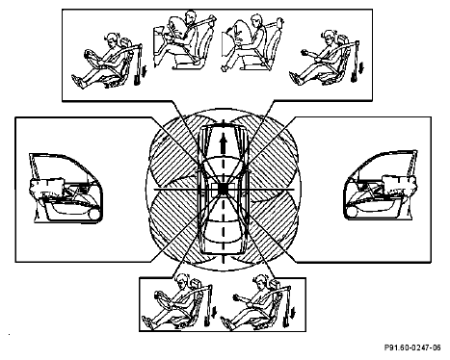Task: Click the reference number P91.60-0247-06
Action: pyautogui.click(x=412, y=347)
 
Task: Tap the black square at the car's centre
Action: pyautogui.click(x=223, y=190)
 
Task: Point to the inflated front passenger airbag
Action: pyautogui.click(x=240, y=31)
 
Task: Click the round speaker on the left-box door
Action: pyautogui.click(x=94, y=214)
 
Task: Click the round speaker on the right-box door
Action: pyautogui.click(x=351, y=213)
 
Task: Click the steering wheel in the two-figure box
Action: pyautogui.click(x=161, y=299)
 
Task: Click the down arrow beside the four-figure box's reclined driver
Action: pyautogui.click(x=145, y=70)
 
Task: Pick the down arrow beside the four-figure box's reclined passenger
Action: pyautogui.click(x=361, y=68)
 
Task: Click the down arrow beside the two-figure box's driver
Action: pyautogui.click(x=214, y=313)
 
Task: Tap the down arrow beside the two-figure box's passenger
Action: pyautogui.click(x=294, y=313)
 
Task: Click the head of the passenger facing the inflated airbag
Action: pyautogui.click(x=256, y=20)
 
